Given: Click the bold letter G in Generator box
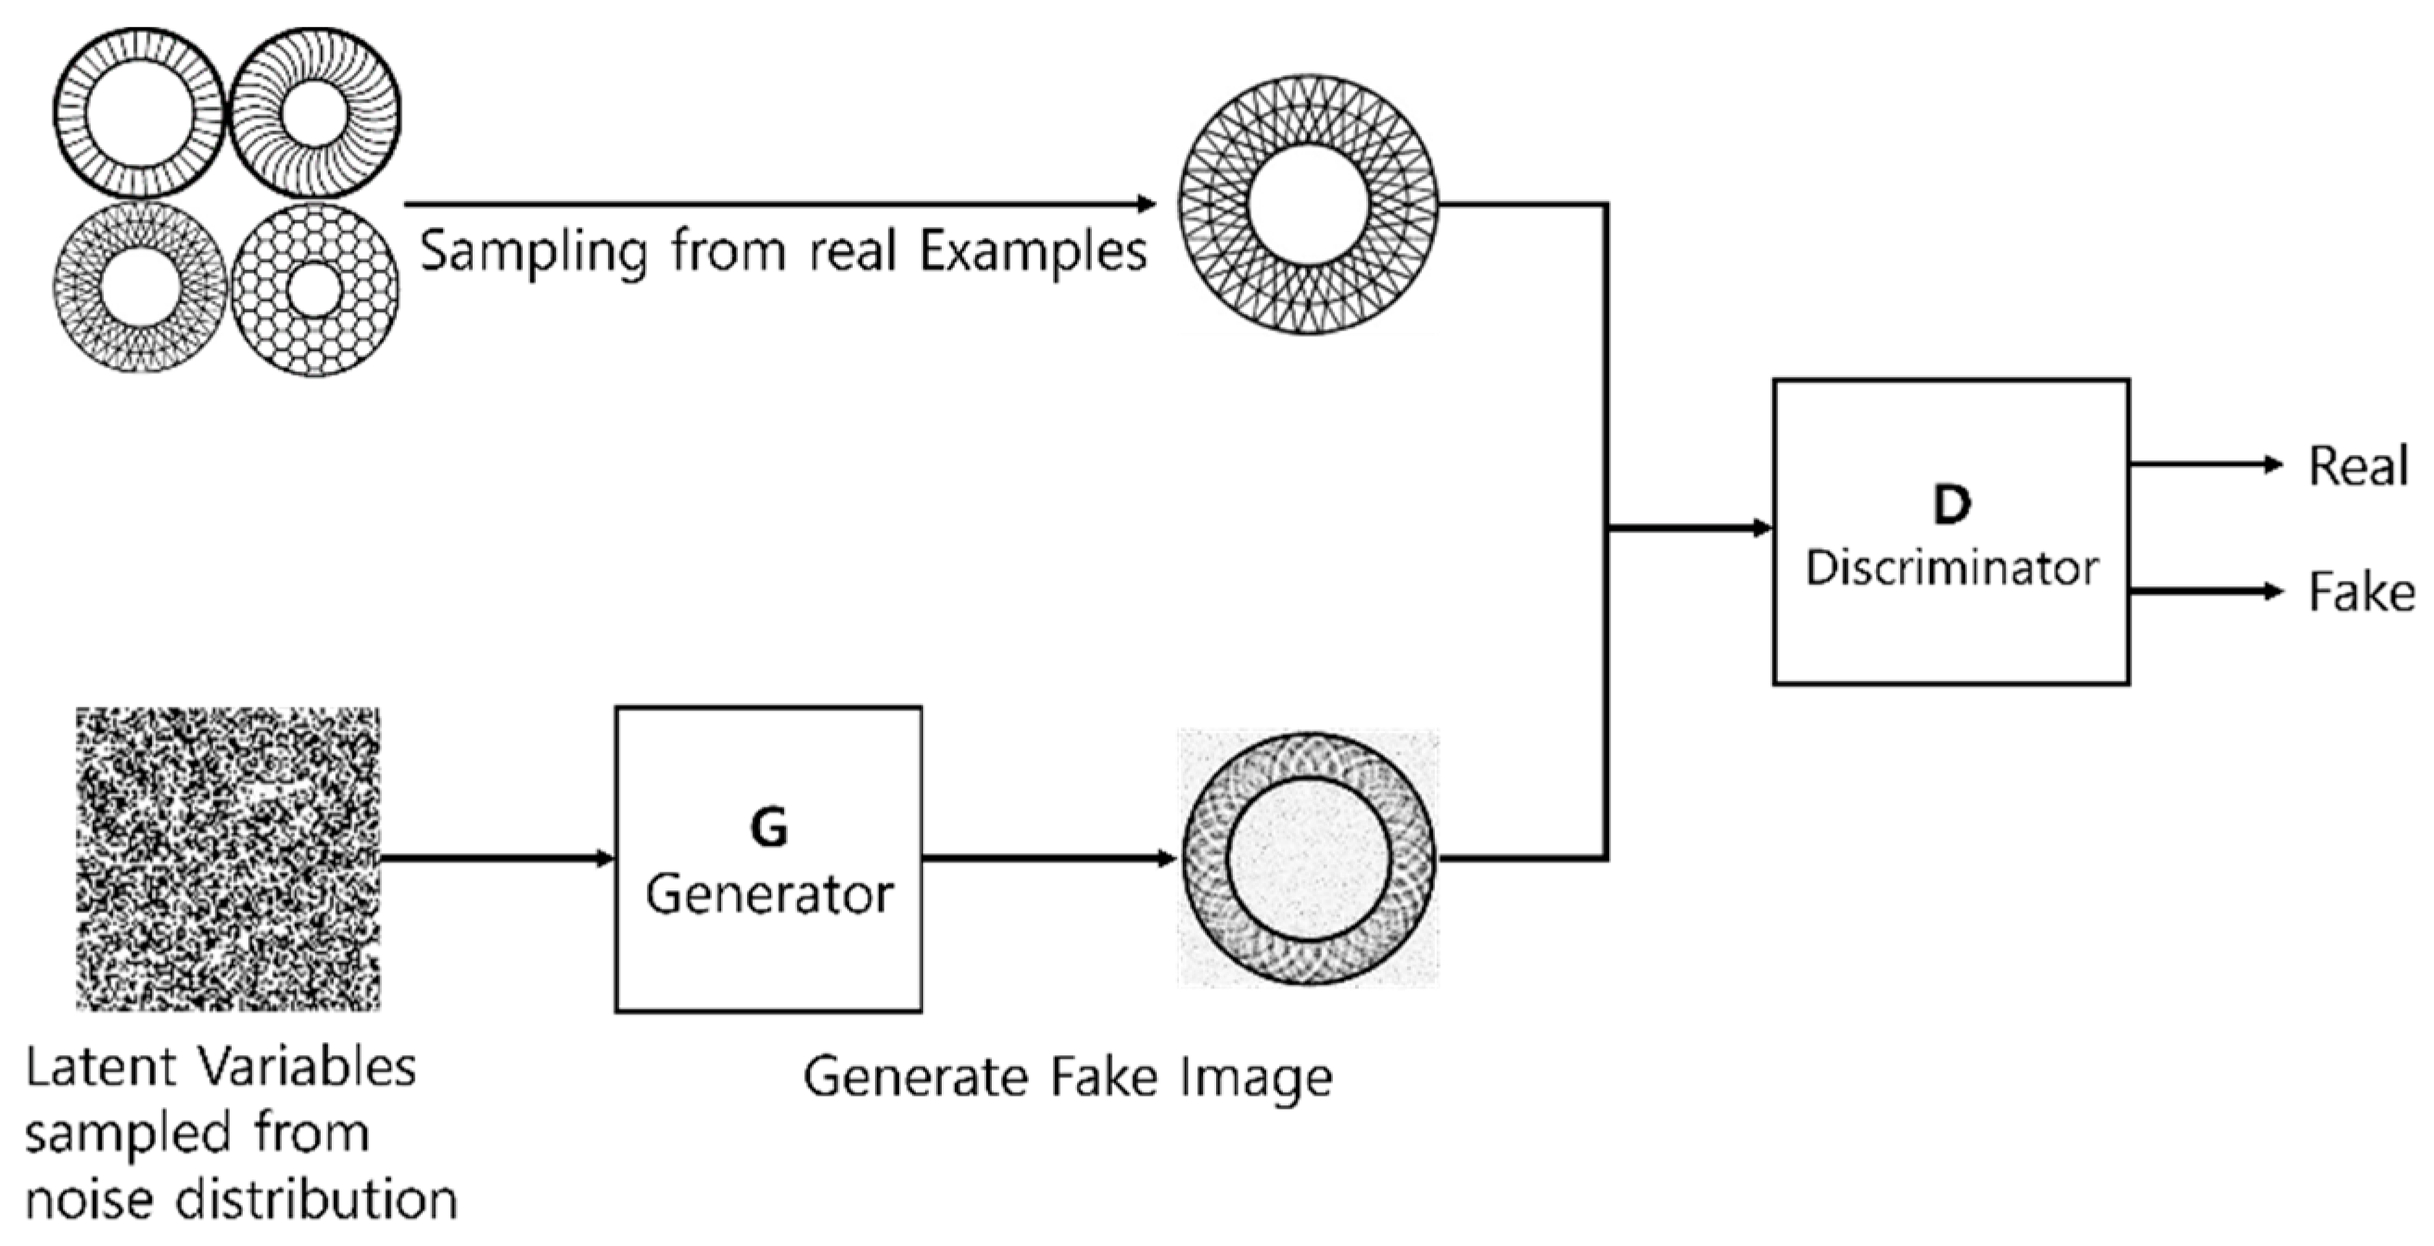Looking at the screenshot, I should (x=768, y=828).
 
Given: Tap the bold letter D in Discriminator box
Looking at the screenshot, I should (x=1952, y=506).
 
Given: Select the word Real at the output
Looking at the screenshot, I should (x=2357, y=467).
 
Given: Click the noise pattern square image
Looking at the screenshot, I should (x=228, y=859).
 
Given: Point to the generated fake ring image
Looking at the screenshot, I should (x=1309, y=859).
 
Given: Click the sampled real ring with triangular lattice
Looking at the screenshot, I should (x=1309, y=205).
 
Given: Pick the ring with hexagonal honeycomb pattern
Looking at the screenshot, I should (x=314, y=289).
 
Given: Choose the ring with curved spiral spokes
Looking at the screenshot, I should (x=314, y=113).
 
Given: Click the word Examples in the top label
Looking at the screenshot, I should (x=1033, y=251).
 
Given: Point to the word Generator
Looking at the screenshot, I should (x=769, y=894).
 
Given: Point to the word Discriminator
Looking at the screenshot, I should (x=1952, y=569).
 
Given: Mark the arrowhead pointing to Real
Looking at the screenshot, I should (x=2275, y=465).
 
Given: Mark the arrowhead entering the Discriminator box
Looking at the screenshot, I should (x=1762, y=528).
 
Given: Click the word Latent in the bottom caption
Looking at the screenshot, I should (x=100, y=1068).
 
